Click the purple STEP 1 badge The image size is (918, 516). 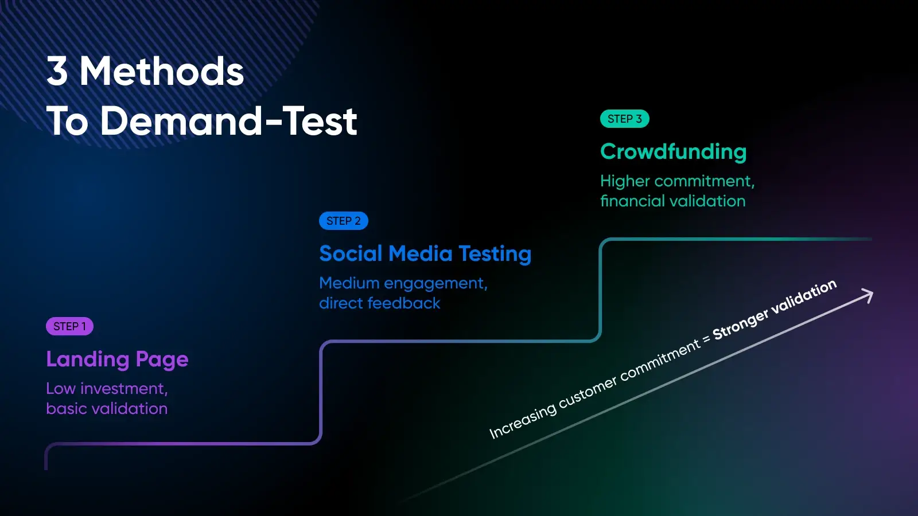coord(69,326)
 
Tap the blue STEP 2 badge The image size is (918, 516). coord(344,221)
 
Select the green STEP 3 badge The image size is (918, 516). coord(625,119)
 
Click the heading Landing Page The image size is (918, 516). coord(117,359)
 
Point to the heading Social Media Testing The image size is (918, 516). coord(425,253)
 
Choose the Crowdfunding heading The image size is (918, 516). coord(674,151)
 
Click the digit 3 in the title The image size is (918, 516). coord(57,71)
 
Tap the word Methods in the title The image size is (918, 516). coord(162,71)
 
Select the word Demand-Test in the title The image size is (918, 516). coord(229,121)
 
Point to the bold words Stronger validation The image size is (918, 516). coord(775,310)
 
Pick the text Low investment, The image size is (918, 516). coord(107,389)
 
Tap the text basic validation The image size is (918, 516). coord(107,409)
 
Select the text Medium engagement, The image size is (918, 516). coord(403,283)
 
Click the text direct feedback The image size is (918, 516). coord(380,303)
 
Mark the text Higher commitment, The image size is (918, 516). coord(678,181)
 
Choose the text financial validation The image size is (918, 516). coord(673,201)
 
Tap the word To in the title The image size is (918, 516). coord(67,121)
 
